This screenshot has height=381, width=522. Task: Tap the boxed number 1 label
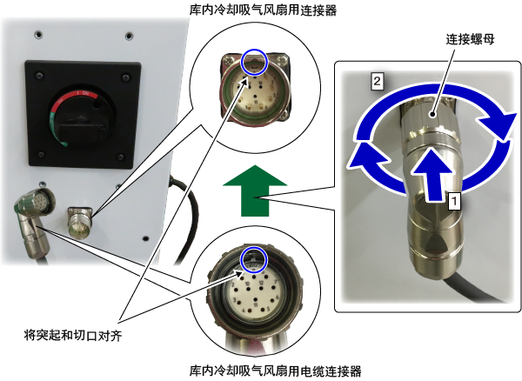pos(454,201)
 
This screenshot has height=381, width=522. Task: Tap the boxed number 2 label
pos(377,81)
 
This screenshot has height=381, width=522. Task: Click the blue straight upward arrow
pos(432,175)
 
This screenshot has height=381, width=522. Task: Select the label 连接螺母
pos(470,40)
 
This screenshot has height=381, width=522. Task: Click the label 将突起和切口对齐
pos(73,335)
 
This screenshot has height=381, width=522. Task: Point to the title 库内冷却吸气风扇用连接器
pos(263,10)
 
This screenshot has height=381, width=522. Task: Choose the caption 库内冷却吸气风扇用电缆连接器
pos(275,371)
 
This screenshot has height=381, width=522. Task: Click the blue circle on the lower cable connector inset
pos(254,259)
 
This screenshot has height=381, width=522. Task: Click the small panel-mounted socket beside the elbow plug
pos(79,222)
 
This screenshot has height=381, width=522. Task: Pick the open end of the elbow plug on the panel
pos(44,200)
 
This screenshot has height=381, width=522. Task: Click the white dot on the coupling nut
pos(432,115)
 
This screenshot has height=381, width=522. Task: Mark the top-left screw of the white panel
pos(38,34)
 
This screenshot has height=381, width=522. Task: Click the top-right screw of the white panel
pos(129,36)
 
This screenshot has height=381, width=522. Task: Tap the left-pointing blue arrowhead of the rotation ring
pos(365,158)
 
